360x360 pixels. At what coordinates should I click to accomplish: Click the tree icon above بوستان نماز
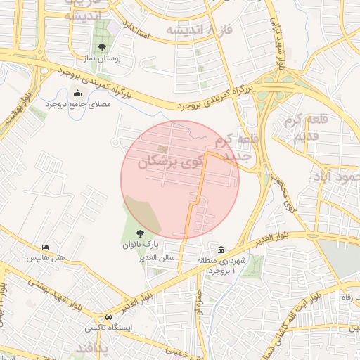click(103, 47)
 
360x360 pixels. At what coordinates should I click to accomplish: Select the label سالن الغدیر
click(157, 258)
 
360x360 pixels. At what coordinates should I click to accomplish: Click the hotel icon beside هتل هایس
click(46, 247)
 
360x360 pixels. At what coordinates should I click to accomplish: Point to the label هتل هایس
click(45, 258)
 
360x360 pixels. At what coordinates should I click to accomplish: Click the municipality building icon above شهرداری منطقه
click(221, 250)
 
